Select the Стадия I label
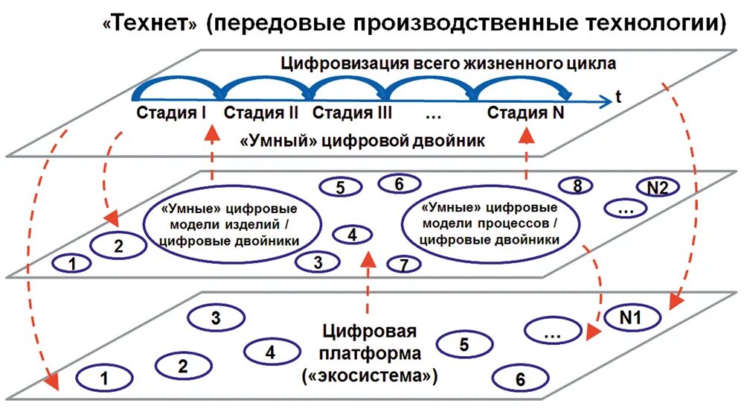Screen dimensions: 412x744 pos(171,114)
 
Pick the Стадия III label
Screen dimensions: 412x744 pos(352,114)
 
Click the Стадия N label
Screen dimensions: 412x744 pos(527,114)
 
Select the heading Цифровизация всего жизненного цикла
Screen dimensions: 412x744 pos(448,63)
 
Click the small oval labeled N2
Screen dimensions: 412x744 pos(657,188)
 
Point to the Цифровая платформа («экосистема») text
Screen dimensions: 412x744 pos(370,354)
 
